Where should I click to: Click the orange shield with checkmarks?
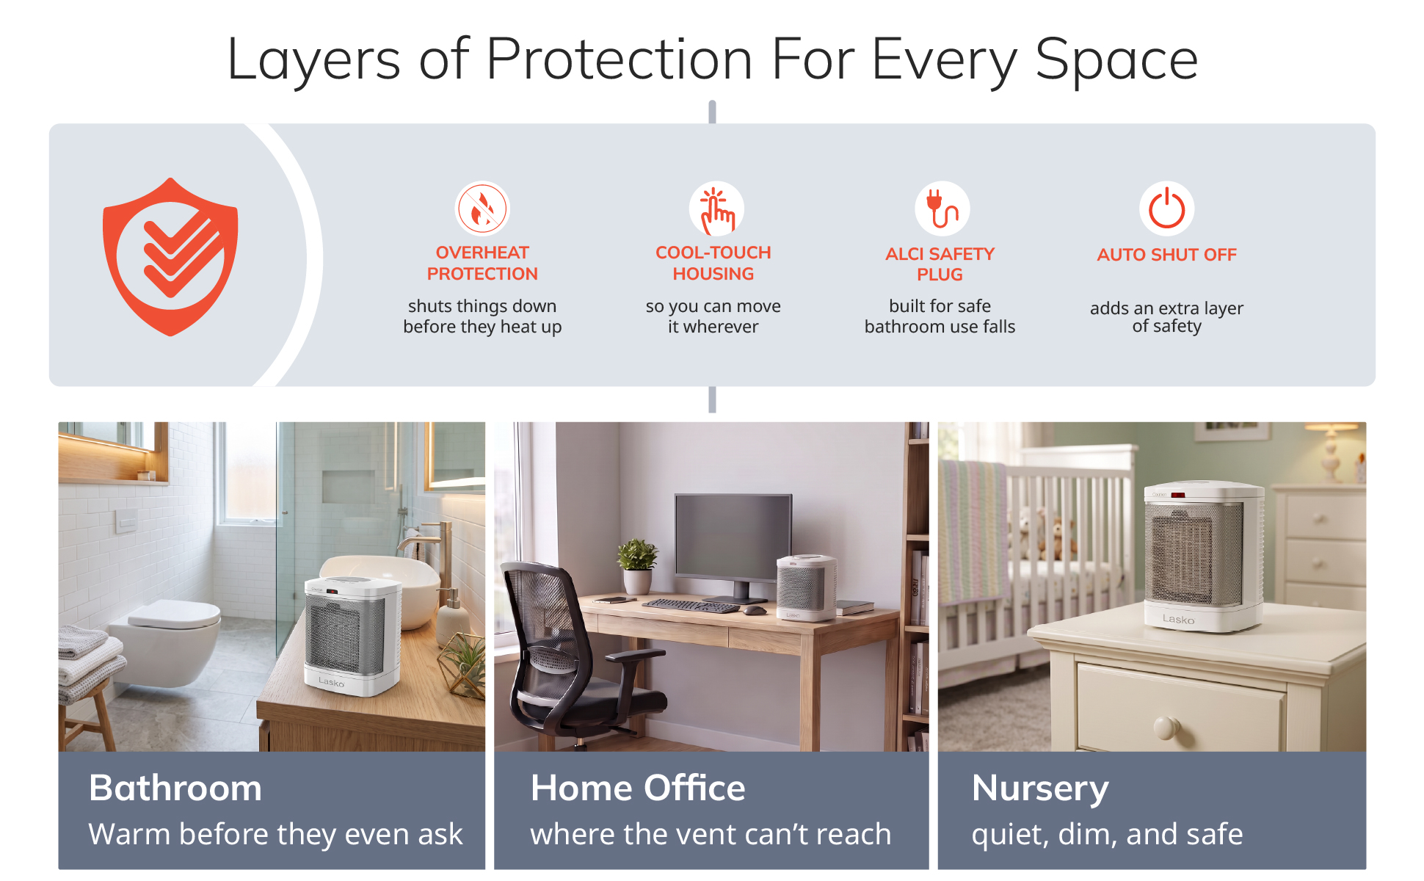tap(170, 257)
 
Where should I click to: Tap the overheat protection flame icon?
tap(482, 209)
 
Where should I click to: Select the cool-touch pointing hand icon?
tap(716, 209)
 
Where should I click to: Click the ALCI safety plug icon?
tap(942, 209)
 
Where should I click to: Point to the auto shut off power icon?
tap(1167, 209)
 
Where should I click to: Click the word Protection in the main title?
tap(619, 59)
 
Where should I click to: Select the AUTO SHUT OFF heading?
tap(1167, 255)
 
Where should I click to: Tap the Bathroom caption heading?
tap(175, 788)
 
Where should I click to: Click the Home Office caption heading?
tap(638, 788)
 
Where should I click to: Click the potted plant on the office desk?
tap(636, 565)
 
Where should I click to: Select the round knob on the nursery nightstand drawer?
tap(1164, 727)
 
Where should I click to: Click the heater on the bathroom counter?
tap(352, 635)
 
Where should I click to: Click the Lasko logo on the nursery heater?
tap(1178, 620)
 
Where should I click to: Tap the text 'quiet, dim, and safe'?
tap(1107, 834)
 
